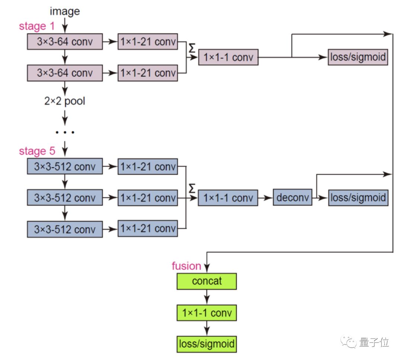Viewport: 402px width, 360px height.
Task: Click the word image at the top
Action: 65,11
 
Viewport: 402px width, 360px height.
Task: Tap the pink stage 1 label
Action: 37,27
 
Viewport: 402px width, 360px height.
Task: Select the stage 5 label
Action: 37,151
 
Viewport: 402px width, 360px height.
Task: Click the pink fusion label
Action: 186,266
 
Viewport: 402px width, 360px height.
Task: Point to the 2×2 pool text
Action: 65,101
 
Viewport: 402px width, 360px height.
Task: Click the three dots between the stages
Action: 65,132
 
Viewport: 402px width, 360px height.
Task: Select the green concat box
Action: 207,281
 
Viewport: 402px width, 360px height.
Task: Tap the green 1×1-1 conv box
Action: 207,313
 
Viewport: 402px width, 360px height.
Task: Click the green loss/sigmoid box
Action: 207,344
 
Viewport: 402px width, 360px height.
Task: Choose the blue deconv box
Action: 293,198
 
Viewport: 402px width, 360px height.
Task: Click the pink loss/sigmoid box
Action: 358,57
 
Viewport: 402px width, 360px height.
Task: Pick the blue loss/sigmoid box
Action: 358,198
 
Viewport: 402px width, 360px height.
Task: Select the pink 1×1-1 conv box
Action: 228,58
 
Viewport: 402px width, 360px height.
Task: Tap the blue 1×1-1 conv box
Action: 228,198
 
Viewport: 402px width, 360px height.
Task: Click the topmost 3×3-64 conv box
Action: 65,41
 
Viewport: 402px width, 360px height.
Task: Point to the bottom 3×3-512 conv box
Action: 65,229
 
